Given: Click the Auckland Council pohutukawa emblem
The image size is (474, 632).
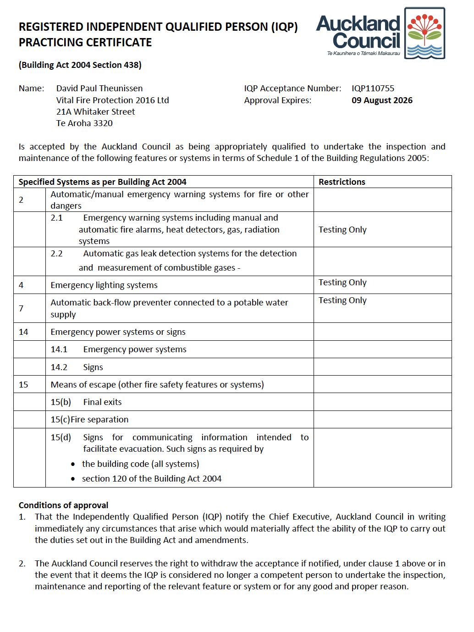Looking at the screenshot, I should pos(424,33).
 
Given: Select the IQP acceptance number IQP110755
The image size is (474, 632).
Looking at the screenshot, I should pos(373,89).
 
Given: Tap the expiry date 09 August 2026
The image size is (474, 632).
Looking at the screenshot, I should pos(382,100).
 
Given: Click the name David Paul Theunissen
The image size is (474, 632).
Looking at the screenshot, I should pos(99,89).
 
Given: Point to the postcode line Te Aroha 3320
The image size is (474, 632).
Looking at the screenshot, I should pos(84,123).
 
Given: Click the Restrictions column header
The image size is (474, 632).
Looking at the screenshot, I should pos(342,182).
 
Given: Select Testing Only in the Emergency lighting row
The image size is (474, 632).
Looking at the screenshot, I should pos(342,283).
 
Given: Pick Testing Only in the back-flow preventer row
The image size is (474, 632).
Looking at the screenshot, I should pos(342,300).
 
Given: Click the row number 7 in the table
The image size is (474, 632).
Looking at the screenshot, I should pos(21,308).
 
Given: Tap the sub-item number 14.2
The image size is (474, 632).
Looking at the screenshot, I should pos(59,367).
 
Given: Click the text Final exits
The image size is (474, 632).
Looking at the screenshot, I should pos(102,402).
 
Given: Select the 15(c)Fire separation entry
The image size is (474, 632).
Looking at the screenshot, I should pos(89,420).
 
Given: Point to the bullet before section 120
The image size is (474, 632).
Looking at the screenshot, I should pos(73,479).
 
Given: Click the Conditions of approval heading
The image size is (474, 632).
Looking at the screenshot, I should pos(63,505).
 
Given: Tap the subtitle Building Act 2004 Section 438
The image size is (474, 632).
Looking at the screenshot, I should pos(80,65).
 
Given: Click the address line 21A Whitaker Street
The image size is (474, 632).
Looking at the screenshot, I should pos(95,112).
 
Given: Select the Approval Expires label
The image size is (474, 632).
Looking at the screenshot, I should pos(277,100).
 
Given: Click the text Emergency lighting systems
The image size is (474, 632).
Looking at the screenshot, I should pos(104,285).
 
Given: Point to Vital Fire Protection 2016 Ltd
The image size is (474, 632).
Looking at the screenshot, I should pos(112,100).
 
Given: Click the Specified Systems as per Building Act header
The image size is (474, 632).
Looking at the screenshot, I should pos(102,182).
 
